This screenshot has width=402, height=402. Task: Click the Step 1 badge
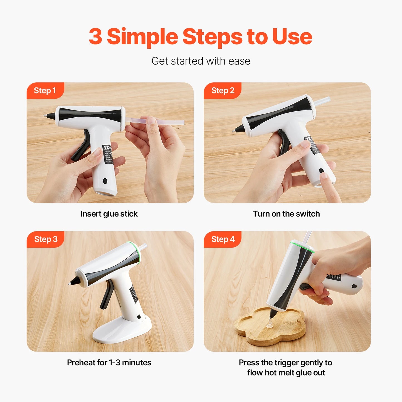45,90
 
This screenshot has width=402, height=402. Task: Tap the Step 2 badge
223,90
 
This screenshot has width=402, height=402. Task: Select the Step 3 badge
46,239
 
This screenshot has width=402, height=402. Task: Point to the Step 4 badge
223,239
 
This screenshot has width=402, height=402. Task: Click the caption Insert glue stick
109,214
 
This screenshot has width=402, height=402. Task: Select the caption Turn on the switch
286,214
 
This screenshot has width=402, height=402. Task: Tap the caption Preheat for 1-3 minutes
109,362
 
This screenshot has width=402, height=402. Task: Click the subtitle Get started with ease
201,61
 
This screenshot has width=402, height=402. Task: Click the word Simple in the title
142,36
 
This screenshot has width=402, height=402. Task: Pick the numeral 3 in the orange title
95,36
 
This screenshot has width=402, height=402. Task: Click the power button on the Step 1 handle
105,181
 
